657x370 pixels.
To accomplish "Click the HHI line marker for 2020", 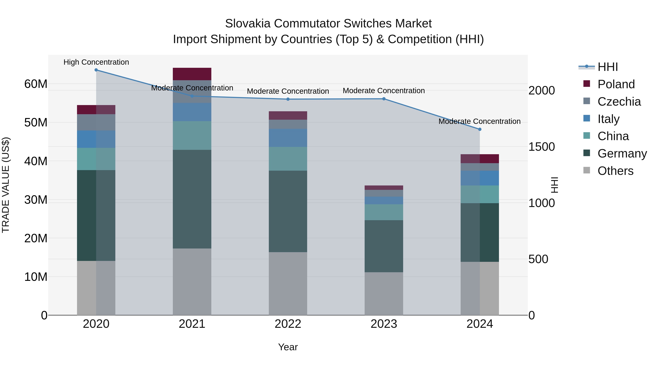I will click(96, 70).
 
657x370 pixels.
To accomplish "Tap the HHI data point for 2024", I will click(480, 130).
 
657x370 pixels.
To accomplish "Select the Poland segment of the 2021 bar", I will click(192, 74).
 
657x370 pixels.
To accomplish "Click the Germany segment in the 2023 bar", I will click(384, 246).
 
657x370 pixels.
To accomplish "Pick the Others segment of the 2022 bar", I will click(288, 283).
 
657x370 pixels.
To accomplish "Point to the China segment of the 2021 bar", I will click(192, 135).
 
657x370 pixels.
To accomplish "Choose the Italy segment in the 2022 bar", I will click(288, 138).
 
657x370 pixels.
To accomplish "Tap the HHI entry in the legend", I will click(608, 67).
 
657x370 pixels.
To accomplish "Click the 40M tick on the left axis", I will click(36, 161).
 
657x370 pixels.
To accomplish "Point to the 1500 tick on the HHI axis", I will click(541, 147).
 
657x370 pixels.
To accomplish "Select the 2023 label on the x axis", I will click(384, 324).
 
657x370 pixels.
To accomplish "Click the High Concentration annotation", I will click(96, 62).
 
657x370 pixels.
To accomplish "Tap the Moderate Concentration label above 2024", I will click(479, 121).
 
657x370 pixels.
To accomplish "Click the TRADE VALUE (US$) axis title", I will click(6, 185).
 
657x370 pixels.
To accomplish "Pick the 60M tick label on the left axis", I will click(36, 84).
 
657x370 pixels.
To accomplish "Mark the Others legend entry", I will click(615, 171).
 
